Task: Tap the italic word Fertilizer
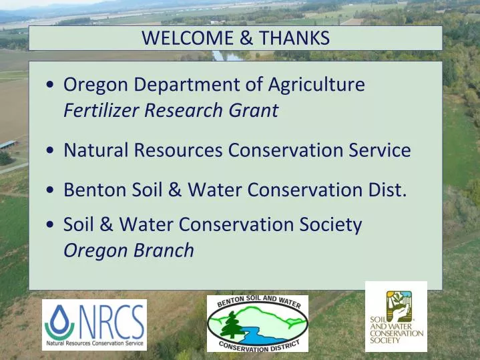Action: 100,110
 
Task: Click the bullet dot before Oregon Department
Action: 51,86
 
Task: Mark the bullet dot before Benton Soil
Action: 51,192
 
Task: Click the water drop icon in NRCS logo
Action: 61,321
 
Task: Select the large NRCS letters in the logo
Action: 111,321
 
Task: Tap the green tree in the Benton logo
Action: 232,326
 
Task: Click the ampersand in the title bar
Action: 246,39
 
